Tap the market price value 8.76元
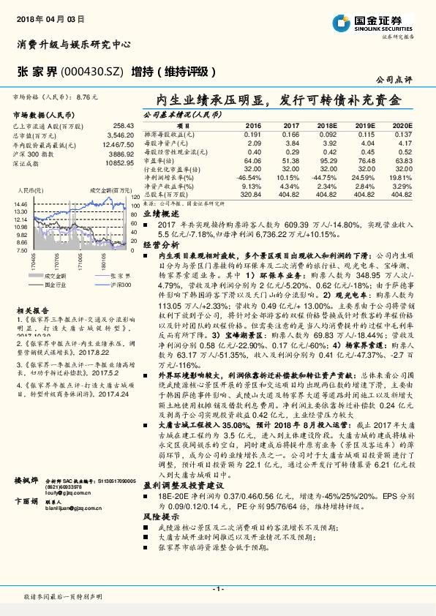tap(86, 96)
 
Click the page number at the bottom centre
tap(217, 588)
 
